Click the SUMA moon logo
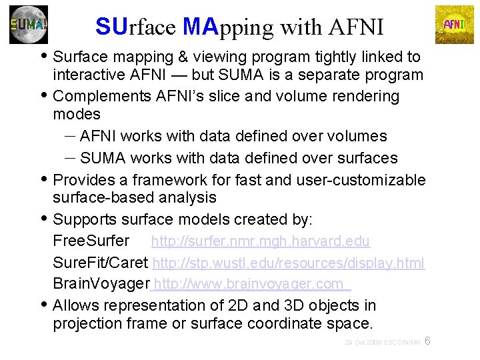point(29,25)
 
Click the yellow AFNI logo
point(454,25)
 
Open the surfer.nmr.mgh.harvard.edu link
point(261,241)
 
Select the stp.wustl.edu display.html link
point(289,263)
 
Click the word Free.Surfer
point(91,241)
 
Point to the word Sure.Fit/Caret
point(101,263)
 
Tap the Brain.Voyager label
point(101,284)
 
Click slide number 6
point(428,341)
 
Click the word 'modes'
point(77,114)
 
